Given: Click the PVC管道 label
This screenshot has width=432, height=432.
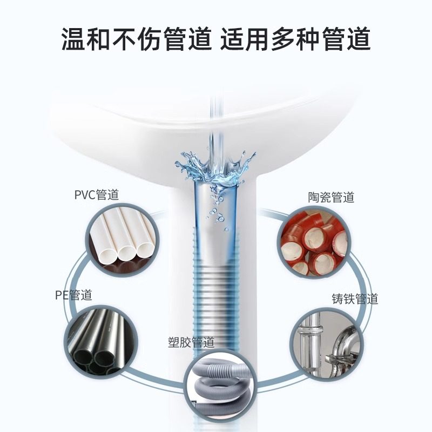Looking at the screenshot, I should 97,195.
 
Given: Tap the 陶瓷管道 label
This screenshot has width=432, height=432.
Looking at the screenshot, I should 330,198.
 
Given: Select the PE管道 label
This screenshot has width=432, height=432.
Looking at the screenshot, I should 74,295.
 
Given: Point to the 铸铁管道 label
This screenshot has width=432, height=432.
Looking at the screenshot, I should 355,299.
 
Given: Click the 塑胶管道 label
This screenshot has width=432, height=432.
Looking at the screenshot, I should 192,342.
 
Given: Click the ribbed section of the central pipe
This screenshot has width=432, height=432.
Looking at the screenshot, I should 215,292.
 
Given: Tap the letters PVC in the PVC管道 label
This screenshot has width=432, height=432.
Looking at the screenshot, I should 85,195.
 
